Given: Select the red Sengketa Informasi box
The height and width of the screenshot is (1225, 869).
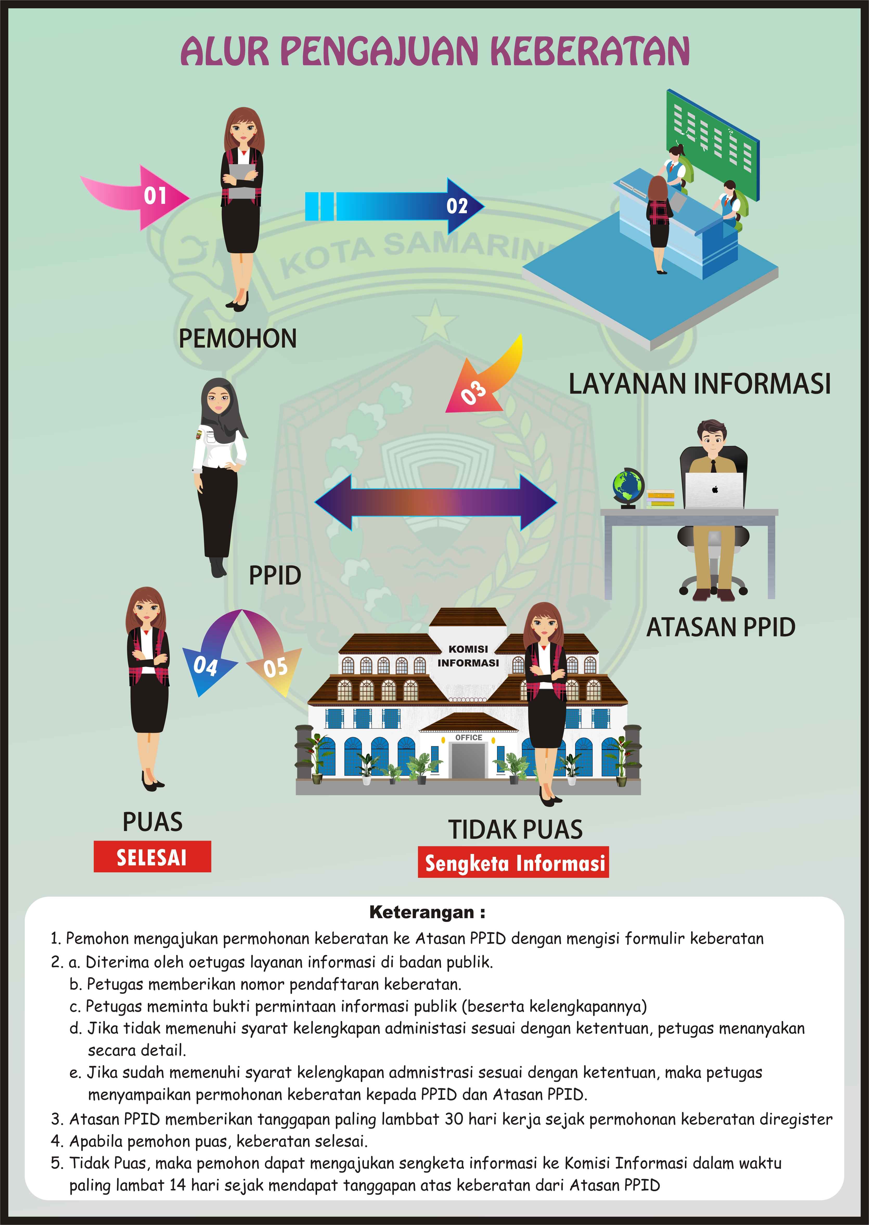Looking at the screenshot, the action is point(514,862).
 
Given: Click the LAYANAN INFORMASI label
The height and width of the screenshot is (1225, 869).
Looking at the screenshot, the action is point(699,384).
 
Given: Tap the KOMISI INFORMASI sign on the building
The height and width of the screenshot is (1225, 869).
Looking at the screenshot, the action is point(468,656).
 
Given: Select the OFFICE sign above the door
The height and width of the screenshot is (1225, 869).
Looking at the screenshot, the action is point(469,737).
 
